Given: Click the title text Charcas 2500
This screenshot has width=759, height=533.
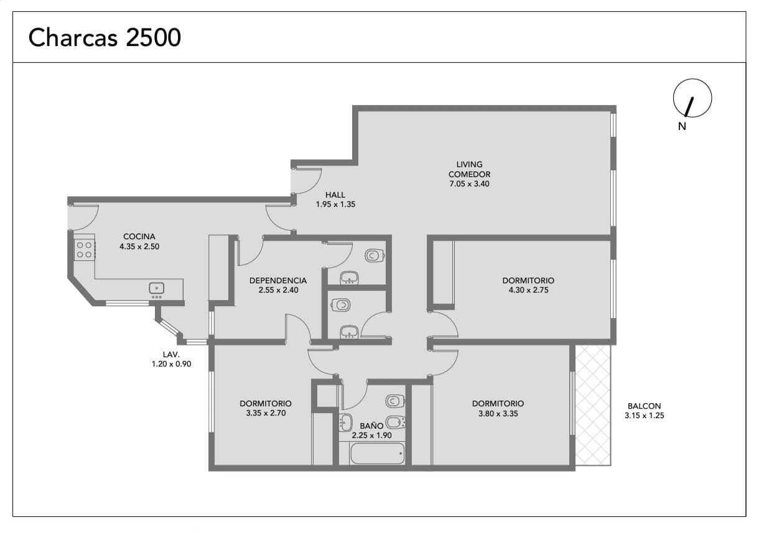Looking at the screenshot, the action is click(x=105, y=37).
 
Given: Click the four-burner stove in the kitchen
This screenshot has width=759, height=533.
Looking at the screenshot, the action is click(x=85, y=250).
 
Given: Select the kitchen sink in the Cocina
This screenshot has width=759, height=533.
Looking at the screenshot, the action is click(x=157, y=288).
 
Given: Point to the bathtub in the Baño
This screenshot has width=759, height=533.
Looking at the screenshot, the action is click(x=377, y=453).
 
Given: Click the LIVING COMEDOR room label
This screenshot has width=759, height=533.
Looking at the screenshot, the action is click(x=469, y=169).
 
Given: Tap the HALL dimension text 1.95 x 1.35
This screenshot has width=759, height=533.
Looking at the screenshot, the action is click(x=335, y=204).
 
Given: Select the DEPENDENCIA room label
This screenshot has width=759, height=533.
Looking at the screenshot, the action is click(x=278, y=281).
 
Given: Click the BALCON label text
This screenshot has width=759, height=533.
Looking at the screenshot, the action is click(x=644, y=406).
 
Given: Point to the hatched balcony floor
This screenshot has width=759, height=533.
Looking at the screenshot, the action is click(x=593, y=406).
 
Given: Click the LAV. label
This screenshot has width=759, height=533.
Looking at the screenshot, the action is click(x=171, y=354).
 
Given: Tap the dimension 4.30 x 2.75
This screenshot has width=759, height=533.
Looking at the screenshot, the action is click(x=528, y=290).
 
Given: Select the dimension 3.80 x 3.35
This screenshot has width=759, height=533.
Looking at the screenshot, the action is click(x=498, y=414).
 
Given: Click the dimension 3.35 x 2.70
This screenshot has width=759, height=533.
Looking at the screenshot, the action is click(x=266, y=413).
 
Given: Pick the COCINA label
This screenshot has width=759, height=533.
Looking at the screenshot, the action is click(x=139, y=237).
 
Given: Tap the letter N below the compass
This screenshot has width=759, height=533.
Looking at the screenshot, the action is click(x=682, y=126).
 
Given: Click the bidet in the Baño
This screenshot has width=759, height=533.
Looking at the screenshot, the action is click(x=396, y=422).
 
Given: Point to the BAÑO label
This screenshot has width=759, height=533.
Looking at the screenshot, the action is click(x=371, y=426).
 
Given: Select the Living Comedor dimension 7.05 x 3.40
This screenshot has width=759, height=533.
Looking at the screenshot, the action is click(x=469, y=184).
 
